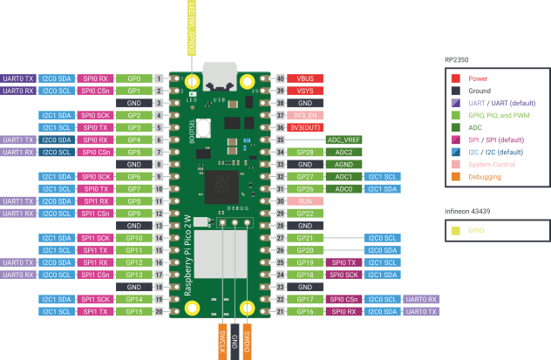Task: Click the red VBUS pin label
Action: click(306, 78)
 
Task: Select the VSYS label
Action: click(306, 91)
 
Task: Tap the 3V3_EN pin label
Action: click(306, 115)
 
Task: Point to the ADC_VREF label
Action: click(344, 139)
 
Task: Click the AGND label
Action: click(344, 164)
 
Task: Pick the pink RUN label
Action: click(306, 200)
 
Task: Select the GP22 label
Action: click(306, 213)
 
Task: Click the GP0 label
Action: click(133, 78)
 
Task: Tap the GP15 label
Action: click(133, 311)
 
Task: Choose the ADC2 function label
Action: click(344, 152)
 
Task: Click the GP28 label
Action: click(306, 152)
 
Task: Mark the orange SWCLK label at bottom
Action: click(222, 340)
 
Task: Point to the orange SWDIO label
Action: click(248, 340)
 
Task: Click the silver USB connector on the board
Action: click(219, 75)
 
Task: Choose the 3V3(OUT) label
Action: click(306, 127)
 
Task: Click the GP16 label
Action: click(306, 311)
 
